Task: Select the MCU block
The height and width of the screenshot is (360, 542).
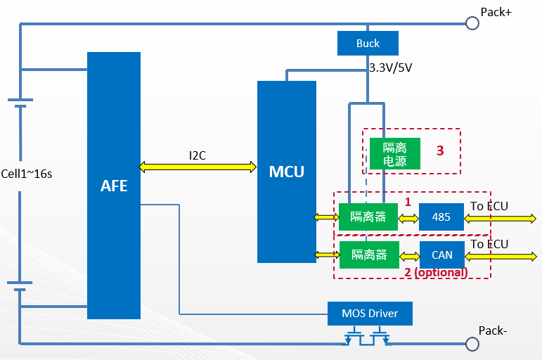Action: (287, 172)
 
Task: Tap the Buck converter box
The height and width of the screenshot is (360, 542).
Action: (368, 44)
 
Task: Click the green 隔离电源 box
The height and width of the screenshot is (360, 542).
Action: (394, 154)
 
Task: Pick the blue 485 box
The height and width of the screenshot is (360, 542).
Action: (441, 217)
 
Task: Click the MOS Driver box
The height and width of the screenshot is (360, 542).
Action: (370, 313)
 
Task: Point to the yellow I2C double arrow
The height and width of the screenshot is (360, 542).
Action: (198, 167)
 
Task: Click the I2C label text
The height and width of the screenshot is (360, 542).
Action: (198, 155)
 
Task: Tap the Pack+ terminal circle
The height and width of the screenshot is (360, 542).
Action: (472, 23)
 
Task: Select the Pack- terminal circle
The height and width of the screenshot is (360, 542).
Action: (472, 344)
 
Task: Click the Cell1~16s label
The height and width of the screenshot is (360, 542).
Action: (26, 174)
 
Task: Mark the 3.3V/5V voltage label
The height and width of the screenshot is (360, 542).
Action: (390, 68)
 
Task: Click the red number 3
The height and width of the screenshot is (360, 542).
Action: (440, 150)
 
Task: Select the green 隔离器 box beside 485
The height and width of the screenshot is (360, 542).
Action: (368, 217)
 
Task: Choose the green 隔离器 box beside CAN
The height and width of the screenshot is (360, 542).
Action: (368, 255)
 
